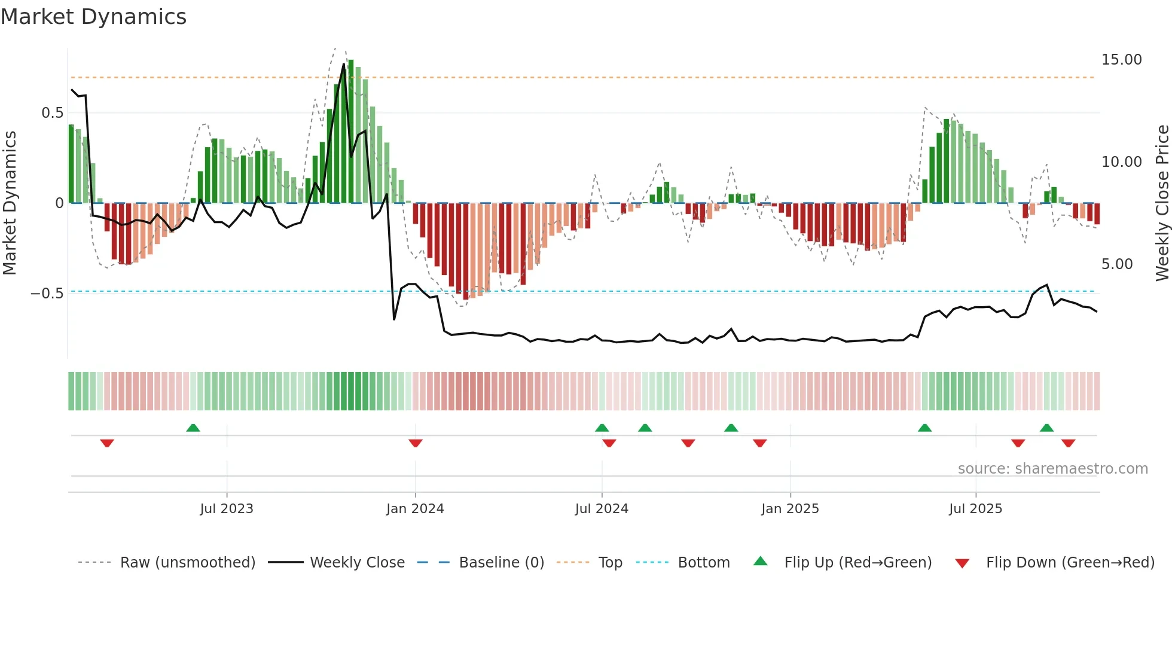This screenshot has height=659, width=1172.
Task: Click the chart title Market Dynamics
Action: pos(93,17)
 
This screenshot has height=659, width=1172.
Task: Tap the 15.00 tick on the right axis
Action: pos(1121,60)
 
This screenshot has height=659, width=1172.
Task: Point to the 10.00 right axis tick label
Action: pos(1121,162)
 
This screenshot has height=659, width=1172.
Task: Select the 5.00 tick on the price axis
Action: pos(1116,264)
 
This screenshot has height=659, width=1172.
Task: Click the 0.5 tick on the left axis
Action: pos(52,113)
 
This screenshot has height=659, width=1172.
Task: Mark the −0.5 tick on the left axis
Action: pos(47,294)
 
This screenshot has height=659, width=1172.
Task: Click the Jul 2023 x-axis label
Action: pos(227,509)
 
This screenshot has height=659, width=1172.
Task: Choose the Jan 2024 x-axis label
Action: pos(415,509)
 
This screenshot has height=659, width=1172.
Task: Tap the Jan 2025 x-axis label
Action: pos(790,509)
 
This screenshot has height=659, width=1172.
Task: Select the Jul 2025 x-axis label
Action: pos(975,509)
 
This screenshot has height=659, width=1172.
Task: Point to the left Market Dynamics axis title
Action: pos(10,203)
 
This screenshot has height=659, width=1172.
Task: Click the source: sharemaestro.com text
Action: pos(1052,469)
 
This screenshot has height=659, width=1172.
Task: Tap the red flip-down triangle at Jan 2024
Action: pos(416,443)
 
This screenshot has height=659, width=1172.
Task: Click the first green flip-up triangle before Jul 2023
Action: pos(193,428)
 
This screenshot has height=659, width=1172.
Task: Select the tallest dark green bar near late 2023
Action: pos(351,132)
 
